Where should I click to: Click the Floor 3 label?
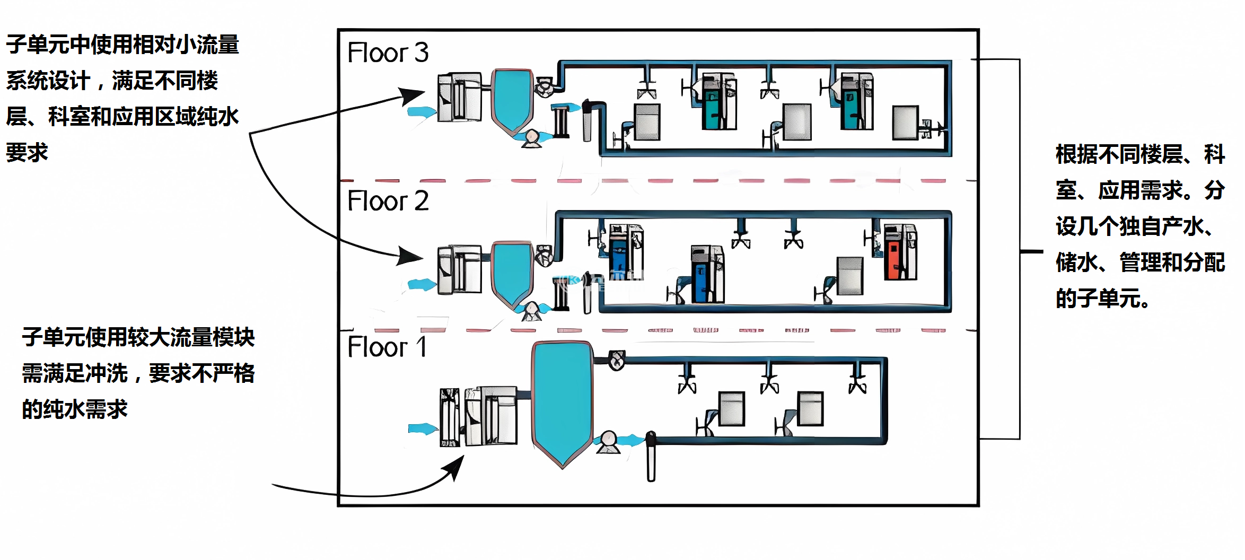coord(388,52)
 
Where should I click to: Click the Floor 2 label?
coord(388,201)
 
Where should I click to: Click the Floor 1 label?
coord(387,347)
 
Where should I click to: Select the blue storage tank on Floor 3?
coord(512,101)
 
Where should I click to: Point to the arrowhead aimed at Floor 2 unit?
coord(410,257)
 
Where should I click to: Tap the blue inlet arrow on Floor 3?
coord(422,112)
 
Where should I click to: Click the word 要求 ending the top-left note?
coord(27,153)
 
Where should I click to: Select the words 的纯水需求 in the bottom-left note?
coord(75,409)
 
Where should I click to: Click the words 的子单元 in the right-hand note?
coord(1098,299)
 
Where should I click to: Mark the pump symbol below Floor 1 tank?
coord(608,442)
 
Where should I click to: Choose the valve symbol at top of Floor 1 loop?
coord(616,361)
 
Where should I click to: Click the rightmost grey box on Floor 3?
coord(905,122)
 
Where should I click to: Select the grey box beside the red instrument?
coord(849,276)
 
